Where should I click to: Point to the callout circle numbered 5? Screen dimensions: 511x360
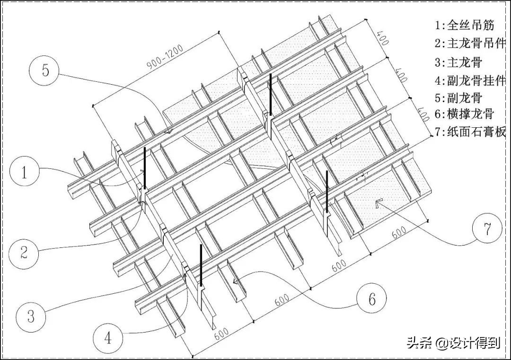[45, 70]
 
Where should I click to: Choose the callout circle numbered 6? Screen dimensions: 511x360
[372, 299]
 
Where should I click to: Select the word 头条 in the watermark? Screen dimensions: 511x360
[417, 342]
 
